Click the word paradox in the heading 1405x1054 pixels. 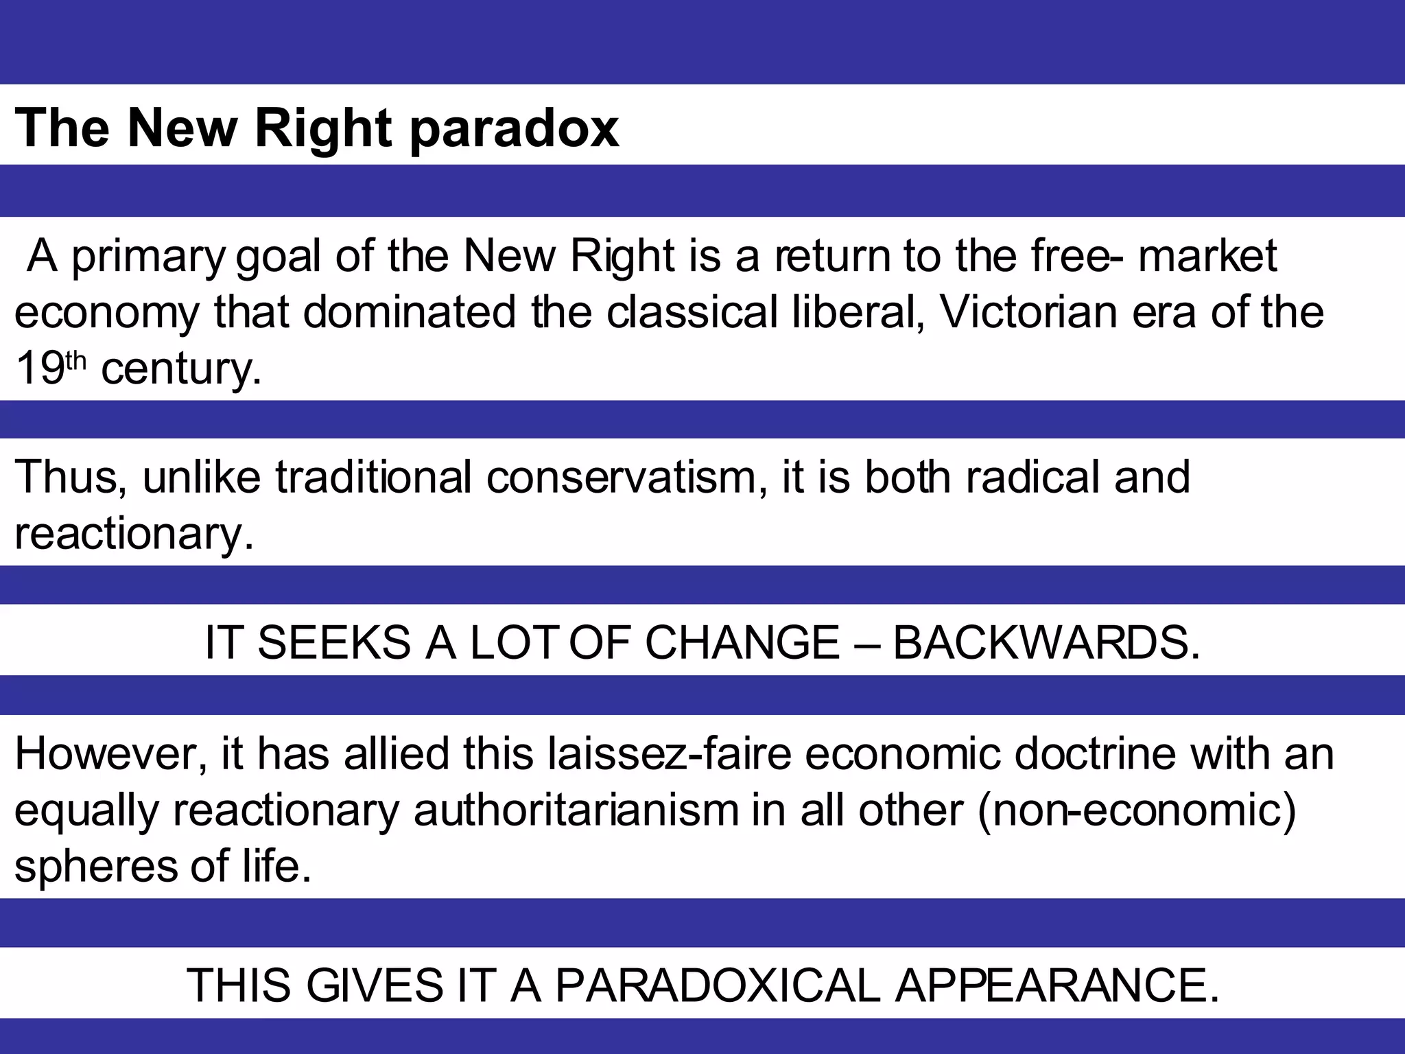click(x=515, y=129)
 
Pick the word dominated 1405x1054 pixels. click(x=409, y=312)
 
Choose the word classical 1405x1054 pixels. click(x=692, y=312)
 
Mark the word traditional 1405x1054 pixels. click(x=373, y=478)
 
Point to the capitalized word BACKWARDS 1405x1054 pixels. click(x=1046, y=643)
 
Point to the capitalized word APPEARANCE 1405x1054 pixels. click(x=1057, y=986)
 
